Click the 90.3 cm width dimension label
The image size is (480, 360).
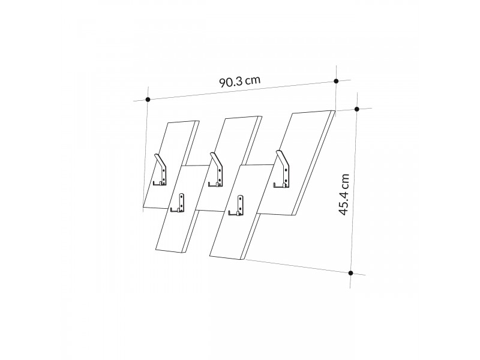point(239,81)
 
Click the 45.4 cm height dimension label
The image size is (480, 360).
point(344,194)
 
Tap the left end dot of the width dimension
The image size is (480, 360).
point(148,100)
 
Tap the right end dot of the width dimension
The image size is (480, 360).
point(336,81)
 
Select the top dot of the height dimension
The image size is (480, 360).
point(356,109)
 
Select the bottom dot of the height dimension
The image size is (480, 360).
point(351,273)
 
